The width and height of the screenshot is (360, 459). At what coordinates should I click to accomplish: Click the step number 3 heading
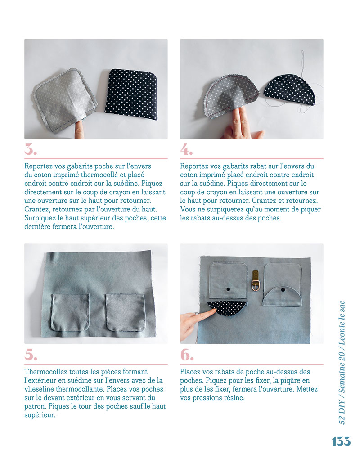[31, 148]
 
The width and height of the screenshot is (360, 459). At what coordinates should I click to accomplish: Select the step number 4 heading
[187, 148]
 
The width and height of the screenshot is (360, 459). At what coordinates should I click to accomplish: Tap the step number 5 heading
[31, 355]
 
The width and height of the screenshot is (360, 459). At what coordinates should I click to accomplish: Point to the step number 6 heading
[187, 355]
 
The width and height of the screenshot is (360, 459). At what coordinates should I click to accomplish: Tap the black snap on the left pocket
[228, 288]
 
